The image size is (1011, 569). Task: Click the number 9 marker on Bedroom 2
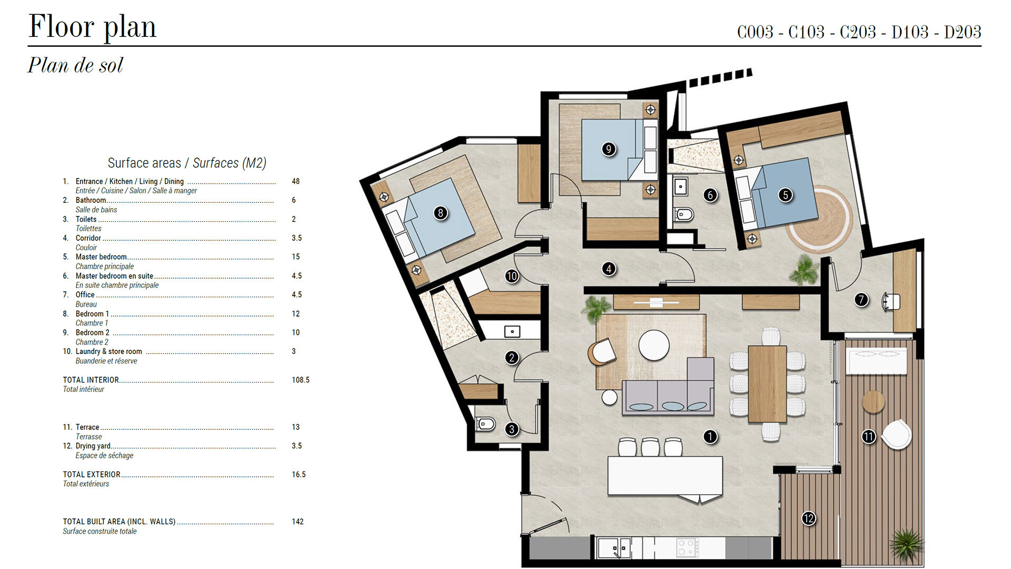[608, 149]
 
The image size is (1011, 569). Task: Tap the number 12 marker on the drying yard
[808, 518]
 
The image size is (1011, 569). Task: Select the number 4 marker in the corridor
[609, 269]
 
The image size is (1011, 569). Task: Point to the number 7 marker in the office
[861, 300]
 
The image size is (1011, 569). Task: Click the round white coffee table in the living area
[654, 345]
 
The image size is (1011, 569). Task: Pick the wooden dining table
[767, 384]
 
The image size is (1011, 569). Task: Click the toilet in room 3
[485, 424]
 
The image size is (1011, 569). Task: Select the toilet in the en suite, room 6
[683, 214]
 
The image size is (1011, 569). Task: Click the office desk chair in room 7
[891, 302]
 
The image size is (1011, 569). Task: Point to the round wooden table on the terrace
[873, 402]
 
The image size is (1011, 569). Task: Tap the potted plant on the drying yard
[906, 545]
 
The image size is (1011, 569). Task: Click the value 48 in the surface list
[295, 181]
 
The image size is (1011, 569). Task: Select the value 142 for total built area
[298, 522]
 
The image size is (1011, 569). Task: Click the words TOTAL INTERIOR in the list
[91, 380]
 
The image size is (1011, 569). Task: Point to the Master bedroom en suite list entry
[114, 276]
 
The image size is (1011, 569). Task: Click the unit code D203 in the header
[963, 32]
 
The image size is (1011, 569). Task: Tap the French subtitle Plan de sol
[75, 65]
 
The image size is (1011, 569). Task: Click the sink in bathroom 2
[512, 331]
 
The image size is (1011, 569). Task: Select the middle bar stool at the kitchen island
[650, 447]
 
